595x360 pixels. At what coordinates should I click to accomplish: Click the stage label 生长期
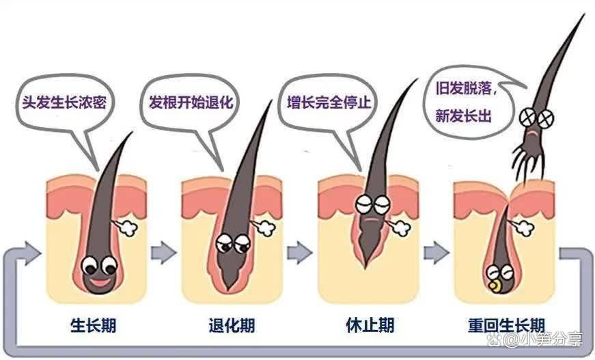coord(96,325)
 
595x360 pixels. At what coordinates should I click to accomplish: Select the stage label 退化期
coord(232,325)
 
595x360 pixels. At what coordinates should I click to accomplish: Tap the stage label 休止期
coord(370,325)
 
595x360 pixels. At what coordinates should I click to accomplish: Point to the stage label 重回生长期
coord(506,324)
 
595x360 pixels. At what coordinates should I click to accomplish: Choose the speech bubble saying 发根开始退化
coord(191,104)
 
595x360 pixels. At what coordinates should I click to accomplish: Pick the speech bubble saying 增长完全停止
coord(329,105)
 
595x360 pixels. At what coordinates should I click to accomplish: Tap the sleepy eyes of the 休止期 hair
coord(373,204)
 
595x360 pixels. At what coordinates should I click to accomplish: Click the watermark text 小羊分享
coord(546,340)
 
